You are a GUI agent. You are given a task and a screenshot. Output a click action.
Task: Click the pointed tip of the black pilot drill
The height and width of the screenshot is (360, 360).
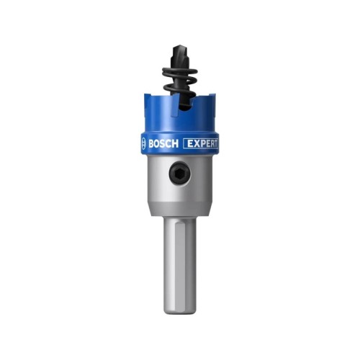[177, 45]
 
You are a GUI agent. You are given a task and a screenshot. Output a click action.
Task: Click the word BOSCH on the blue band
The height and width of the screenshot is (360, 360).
[163, 144]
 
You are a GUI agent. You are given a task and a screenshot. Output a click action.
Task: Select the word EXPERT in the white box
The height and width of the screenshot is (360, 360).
[202, 144]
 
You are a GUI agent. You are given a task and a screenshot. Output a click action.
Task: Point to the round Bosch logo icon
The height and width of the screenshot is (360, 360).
[143, 144]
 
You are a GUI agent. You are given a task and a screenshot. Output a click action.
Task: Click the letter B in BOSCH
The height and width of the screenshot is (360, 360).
[151, 144]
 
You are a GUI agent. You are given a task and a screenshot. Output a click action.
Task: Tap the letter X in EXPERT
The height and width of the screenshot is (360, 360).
[196, 144]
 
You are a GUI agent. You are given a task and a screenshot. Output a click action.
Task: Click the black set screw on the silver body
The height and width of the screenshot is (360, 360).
[180, 174]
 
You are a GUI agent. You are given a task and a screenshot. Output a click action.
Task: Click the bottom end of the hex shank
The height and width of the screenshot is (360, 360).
[180, 312]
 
